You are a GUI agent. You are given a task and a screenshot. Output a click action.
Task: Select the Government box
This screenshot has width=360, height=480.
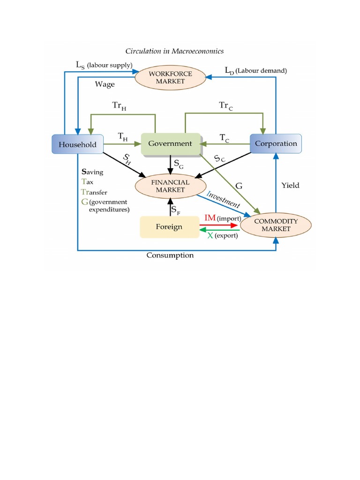point(170,143)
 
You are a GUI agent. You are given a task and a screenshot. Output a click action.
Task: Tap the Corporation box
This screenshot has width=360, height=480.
point(276,143)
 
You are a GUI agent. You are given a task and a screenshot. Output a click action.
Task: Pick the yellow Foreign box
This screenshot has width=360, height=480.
point(169,227)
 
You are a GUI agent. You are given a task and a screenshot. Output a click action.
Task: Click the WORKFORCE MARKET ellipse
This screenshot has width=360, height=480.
point(170,77)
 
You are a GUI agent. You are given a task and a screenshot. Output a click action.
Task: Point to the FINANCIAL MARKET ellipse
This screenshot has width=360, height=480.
point(170,186)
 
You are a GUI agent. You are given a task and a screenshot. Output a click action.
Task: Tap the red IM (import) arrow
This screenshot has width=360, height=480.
point(219,225)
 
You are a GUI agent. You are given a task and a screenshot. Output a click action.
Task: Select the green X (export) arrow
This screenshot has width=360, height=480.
point(219,230)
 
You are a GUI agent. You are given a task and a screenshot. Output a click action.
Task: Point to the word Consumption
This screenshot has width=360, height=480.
point(170,255)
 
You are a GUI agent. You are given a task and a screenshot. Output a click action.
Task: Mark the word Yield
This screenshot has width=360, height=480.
point(290,185)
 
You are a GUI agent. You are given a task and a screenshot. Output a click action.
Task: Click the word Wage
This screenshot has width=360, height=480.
point(105,84)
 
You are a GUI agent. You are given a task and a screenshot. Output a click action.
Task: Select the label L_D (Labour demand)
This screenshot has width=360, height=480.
point(255,70)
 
